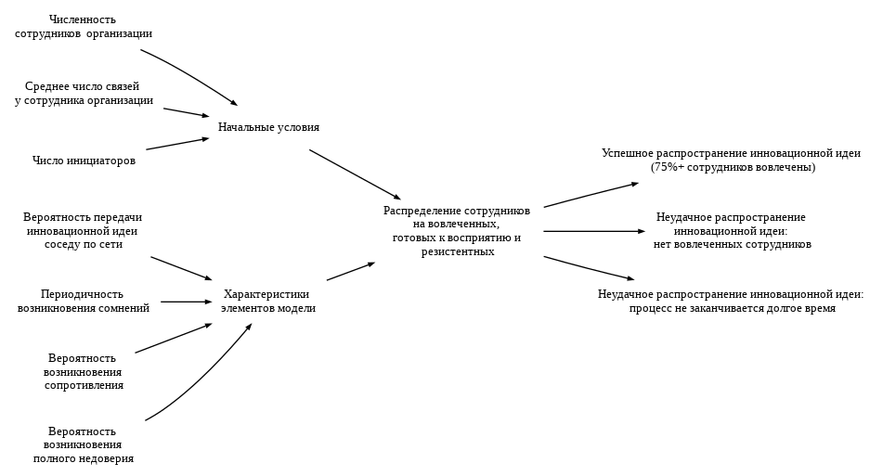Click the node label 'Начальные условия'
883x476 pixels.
(268, 127)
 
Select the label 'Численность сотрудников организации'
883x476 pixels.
(84, 26)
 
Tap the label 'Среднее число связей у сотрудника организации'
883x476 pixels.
(84, 94)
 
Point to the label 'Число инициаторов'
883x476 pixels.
(84, 161)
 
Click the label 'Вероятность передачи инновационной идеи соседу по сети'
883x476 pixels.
(83, 231)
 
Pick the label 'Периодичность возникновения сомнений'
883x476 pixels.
(83, 302)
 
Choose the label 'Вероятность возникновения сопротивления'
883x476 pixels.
(83, 371)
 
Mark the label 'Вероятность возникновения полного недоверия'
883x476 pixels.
(83, 444)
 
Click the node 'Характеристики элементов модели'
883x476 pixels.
(267, 302)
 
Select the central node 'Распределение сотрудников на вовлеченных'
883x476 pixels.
(456, 231)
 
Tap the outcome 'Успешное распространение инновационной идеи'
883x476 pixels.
(731, 153)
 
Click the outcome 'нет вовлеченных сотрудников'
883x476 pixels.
(732, 245)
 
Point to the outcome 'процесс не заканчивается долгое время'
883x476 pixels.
(732, 308)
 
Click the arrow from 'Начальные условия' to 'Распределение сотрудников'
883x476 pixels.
(355, 174)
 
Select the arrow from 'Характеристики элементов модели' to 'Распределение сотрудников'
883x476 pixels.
(350, 272)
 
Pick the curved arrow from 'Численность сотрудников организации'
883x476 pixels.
(190, 75)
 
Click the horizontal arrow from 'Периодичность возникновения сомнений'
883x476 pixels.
(186, 302)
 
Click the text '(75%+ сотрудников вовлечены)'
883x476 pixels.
(733, 167)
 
